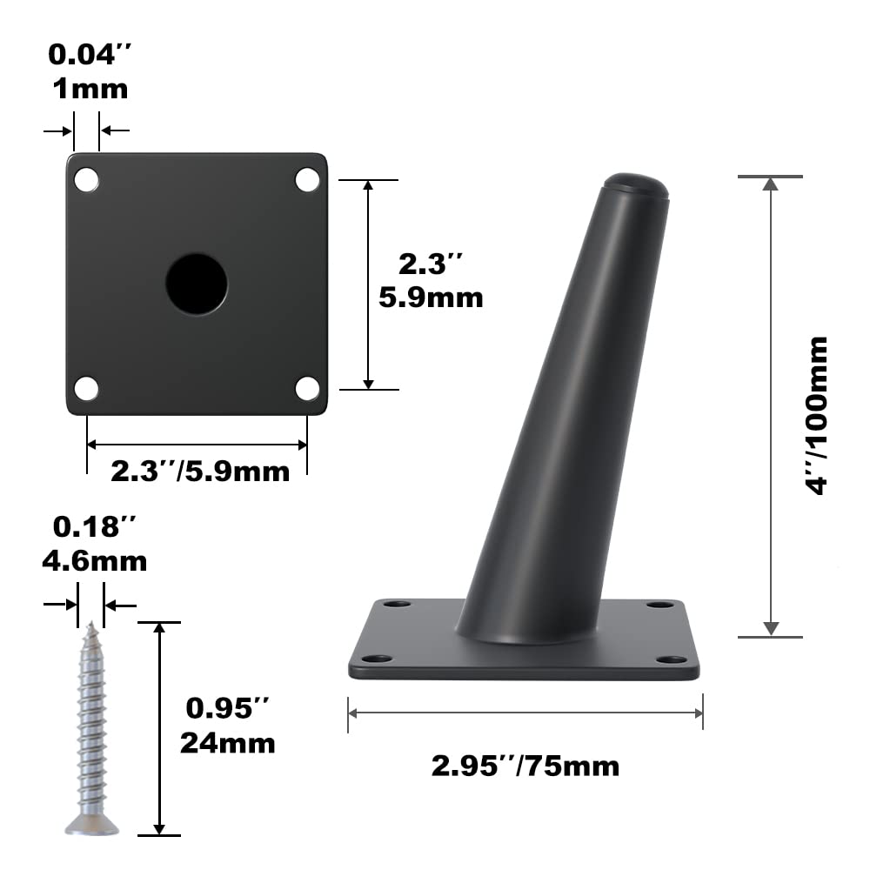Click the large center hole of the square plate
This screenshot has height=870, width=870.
(x=197, y=284)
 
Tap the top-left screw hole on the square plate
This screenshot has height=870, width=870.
(x=86, y=179)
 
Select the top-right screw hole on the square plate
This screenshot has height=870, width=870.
(x=307, y=179)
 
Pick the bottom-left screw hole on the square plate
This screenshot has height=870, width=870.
(x=86, y=388)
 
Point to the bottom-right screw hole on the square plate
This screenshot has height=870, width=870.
(x=307, y=388)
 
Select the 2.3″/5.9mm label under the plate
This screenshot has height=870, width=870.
(x=199, y=472)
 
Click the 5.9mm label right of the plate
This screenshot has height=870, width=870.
(x=431, y=298)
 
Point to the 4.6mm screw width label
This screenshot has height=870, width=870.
(x=94, y=561)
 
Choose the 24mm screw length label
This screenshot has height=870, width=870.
(x=227, y=743)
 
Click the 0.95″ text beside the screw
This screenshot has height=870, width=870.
(x=227, y=708)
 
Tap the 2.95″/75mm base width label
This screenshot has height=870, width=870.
(x=525, y=766)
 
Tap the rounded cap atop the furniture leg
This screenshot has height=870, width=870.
(x=635, y=184)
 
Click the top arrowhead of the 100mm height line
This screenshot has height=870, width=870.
(x=770, y=184)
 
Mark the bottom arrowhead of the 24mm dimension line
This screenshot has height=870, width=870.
(x=158, y=827)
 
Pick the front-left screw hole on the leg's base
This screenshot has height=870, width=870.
(x=376, y=659)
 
